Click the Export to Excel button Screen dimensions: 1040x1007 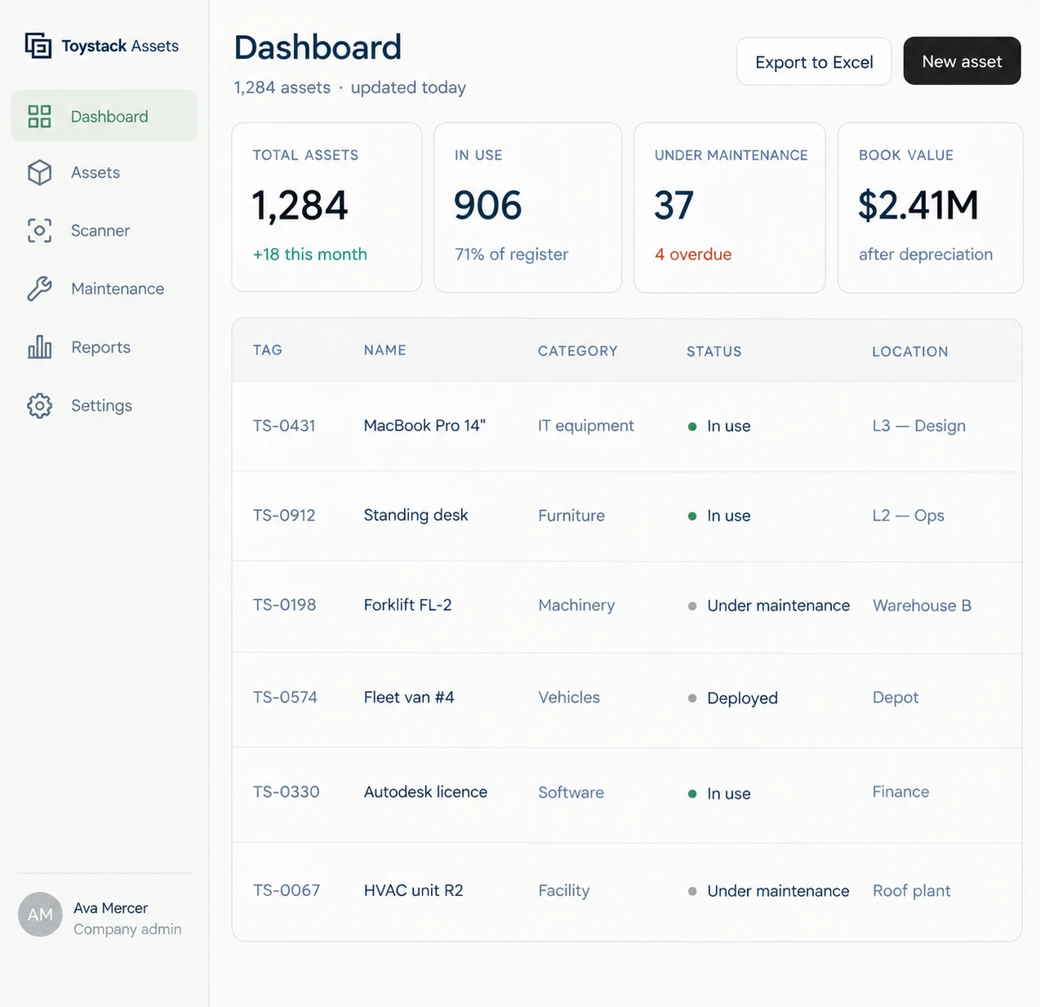813,61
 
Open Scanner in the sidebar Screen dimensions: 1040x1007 100,231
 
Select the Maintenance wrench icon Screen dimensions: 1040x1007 39,289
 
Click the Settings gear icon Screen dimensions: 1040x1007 39,406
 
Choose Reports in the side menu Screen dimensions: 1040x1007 101,348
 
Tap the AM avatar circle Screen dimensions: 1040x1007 40,914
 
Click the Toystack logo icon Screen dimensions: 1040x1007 38,46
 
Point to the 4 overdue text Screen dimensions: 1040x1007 693,255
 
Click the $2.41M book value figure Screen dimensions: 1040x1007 918,205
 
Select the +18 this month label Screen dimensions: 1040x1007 310,255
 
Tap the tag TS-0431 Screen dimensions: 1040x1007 284,426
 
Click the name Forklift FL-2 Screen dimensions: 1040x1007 408,605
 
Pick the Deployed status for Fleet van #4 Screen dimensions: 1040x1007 742,698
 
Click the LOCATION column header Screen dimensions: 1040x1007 910,352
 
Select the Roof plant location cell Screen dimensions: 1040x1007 912,890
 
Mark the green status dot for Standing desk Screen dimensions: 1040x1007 692,516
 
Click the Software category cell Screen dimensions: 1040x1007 571,792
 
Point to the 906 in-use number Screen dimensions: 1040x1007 487,205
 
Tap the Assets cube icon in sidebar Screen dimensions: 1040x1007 39,172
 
